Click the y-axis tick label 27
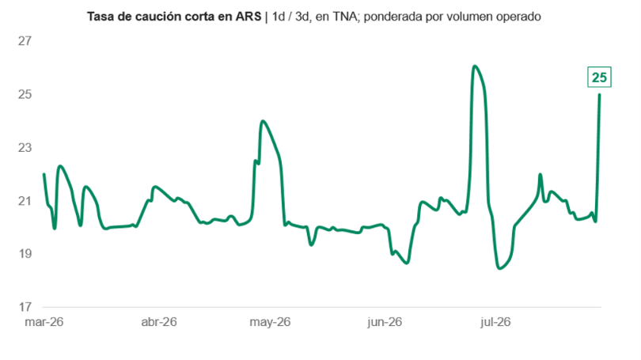(x=25, y=41)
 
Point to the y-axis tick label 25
(x=25, y=94)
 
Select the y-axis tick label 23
(x=25, y=147)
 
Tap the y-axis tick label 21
(x=25, y=201)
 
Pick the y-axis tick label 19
(x=25, y=254)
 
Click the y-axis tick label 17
(x=25, y=307)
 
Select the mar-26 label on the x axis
(x=44, y=322)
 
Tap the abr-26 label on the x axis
(x=159, y=322)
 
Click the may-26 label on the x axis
(x=270, y=322)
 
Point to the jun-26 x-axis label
(x=385, y=322)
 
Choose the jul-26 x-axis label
(x=496, y=322)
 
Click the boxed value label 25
(x=599, y=78)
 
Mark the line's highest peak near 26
(x=474, y=66)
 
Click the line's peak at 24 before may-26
(x=263, y=121)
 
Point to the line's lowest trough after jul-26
(x=499, y=268)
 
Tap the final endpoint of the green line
(x=599, y=95)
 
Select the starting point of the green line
(x=44, y=174)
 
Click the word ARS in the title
(x=248, y=17)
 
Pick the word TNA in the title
(x=344, y=17)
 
